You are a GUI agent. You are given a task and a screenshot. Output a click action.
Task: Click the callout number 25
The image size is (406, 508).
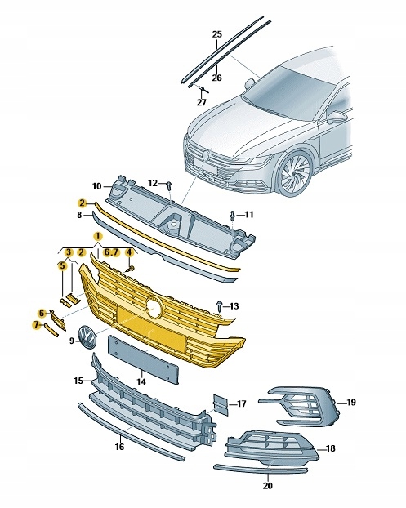coord(216,33)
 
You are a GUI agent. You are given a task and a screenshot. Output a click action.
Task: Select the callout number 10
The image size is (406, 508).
coord(96,185)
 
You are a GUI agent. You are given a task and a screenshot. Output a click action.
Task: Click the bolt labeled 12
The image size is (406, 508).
coord(168,185)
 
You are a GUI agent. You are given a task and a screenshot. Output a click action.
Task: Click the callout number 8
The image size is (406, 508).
coord(79,215)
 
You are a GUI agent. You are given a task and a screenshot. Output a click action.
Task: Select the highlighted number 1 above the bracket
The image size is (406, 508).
coord(97,236)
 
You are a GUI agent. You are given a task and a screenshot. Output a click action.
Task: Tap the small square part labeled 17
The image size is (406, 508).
coord(221,403)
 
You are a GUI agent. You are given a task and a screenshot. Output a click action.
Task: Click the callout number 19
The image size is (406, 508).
coord(350,403)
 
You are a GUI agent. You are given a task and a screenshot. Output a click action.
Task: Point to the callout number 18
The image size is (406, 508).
coord(331,449)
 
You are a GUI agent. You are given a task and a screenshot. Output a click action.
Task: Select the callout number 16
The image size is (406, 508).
coord(119,448)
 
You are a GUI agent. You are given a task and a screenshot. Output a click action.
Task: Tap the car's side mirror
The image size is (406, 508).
coord(337,117)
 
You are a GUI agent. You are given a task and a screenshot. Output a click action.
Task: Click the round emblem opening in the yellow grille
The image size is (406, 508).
coord(153,306)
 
